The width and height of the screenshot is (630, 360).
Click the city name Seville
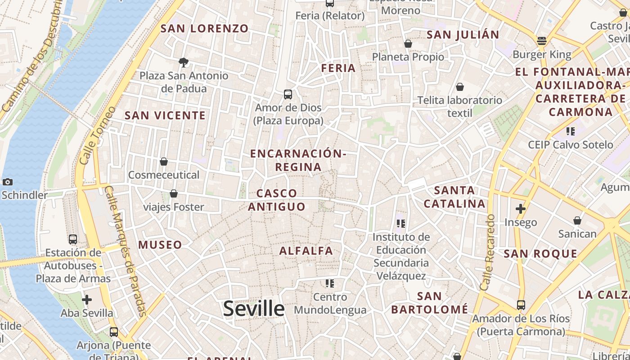point(254,309)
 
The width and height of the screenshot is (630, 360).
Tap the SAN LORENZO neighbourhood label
point(205,28)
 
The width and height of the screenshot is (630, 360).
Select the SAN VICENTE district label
point(165,115)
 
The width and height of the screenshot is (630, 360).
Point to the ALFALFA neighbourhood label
point(306,251)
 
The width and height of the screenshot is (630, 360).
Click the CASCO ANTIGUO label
point(277,200)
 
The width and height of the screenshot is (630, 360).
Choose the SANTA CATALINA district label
point(455,197)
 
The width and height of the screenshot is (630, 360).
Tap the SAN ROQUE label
point(540,253)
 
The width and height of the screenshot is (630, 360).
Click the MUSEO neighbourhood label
point(160,245)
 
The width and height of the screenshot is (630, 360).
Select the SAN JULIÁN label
point(463,34)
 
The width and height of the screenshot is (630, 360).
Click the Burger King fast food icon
point(542,41)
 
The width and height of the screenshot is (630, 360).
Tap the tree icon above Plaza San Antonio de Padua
point(183,62)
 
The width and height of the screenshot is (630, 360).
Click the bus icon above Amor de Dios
point(288,94)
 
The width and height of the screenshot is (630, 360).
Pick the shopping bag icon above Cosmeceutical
point(164,162)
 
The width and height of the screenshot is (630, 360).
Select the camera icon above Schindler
point(8,182)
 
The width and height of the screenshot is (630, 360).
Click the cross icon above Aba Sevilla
point(87,299)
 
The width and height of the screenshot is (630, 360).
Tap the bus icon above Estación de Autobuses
point(73,239)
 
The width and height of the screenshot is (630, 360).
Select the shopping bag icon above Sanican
point(577,220)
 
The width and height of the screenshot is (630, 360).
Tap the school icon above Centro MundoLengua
point(330,283)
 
